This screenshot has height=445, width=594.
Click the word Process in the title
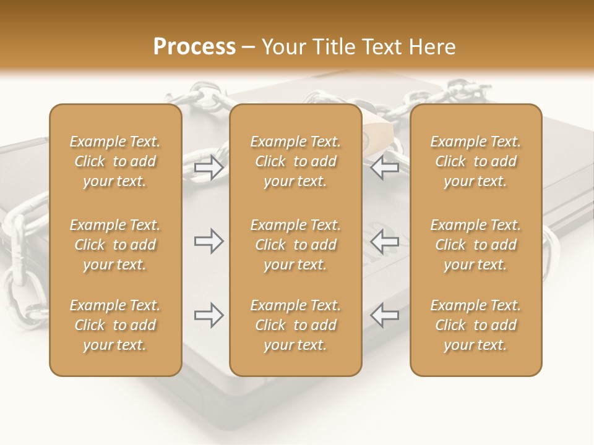click(x=194, y=47)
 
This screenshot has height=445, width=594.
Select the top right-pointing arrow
click(x=209, y=167)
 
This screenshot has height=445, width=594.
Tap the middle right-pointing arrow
click(x=209, y=241)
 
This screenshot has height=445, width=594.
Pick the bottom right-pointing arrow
click(x=209, y=315)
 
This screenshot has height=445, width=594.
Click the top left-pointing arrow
click(x=385, y=167)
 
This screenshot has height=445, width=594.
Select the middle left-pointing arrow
click(x=385, y=241)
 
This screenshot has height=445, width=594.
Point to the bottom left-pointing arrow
click(x=385, y=315)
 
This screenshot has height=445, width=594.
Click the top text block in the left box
click(x=115, y=161)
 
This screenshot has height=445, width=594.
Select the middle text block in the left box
click(x=115, y=245)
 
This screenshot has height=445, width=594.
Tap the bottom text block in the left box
click(x=115, y=325)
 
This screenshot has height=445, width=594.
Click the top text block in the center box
click(x=296, y=161)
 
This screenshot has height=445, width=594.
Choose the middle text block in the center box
click(x=296, y=245)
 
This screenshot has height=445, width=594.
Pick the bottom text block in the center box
click(x=296, y=325)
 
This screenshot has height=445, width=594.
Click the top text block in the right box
click(x=476, y=161)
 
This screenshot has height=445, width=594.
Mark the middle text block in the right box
click(x=476, y=245)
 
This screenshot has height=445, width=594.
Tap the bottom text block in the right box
click(x=476, y=325)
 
